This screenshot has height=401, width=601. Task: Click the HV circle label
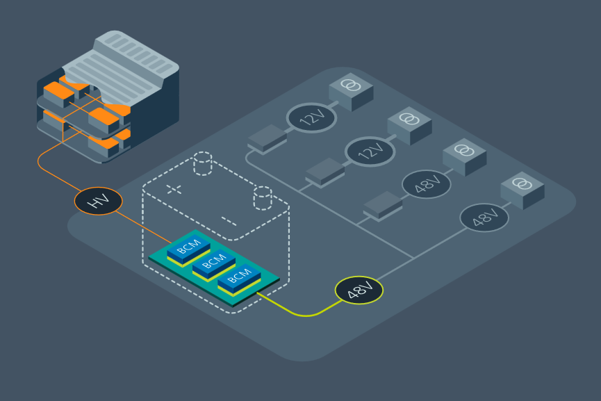[x=99, y=202]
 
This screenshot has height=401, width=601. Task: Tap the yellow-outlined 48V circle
[x=359, y=290]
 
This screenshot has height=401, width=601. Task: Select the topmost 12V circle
[x=311, y=117]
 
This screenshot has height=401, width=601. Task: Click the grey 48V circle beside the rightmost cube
[x=484, y=218]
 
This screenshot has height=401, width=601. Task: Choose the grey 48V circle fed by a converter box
[x=427, y=184]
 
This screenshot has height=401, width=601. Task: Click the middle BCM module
[x=215, y=263]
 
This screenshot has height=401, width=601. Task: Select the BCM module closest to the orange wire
[x=189, y=247]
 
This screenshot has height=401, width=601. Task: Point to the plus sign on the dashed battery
[x=174, y=189]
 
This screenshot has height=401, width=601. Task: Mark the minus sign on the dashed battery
[x=229, y=222]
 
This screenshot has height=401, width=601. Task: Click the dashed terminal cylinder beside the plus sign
[x=202, y=165]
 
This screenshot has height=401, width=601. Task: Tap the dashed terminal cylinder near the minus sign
[x=263, y=197]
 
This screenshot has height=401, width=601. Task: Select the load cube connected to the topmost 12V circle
[x=351, y=91]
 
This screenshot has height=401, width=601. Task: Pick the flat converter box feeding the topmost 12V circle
[x=267, y=138]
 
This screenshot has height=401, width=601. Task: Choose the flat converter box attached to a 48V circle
[x=383, y=204]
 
